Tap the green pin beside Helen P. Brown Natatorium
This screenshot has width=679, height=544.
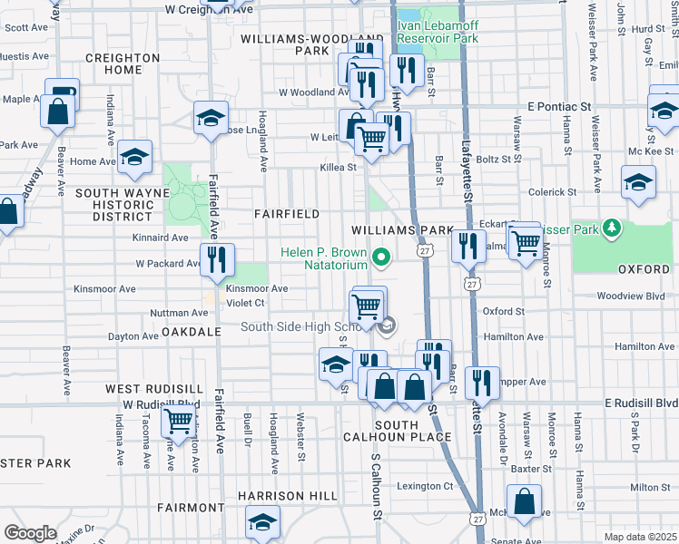click(x=382, y=258)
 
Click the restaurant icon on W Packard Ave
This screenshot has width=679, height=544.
click(x=216, y=260)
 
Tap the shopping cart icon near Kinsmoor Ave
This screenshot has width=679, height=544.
click(x=368, y=306)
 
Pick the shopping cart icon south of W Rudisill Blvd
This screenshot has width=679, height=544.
click(x=179, y=421)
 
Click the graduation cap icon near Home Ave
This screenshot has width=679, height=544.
click(x=135, y=158)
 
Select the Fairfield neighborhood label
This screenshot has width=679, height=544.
click(x=286, y=214)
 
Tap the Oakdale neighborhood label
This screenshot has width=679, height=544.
click(x=192, y=332)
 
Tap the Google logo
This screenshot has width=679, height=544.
click(x=30, y=533)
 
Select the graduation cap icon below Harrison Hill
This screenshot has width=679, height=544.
click(x=262, y=522)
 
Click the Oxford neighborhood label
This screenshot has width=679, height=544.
click(x=643, y=269)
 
